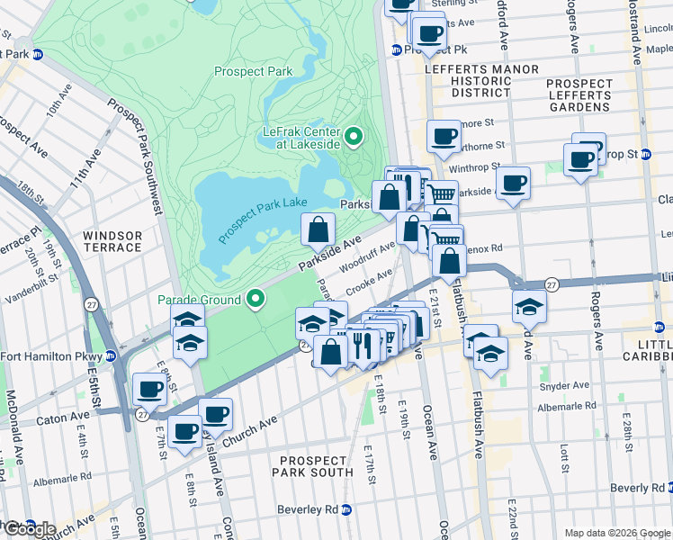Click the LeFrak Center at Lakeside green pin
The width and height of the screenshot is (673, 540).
[354, 137]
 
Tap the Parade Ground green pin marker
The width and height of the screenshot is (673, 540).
[256, 299]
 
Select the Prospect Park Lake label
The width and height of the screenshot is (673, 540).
[263, 216]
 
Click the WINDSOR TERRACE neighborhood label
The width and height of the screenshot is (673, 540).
[112, 241]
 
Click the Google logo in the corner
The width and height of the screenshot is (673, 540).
[29, 528]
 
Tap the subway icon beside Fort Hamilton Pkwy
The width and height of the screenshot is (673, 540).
[112, 355]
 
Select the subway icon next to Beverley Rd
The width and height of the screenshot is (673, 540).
[345, 509]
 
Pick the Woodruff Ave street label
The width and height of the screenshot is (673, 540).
[368, 256]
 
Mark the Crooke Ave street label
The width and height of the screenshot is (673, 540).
[370, 280]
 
